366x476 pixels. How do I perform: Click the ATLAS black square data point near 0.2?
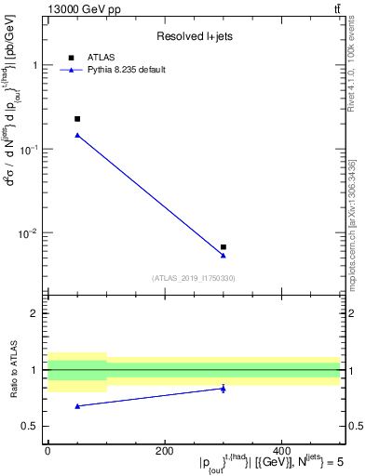pos(77,119)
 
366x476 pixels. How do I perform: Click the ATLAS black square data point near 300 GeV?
pos(224,247)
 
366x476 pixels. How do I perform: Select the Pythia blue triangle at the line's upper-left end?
pos(77,135)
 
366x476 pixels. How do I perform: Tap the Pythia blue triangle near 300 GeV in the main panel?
pos(224,255)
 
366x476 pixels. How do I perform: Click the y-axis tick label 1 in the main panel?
pos(35,66)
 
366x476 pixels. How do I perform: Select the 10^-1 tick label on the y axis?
pos(30,149)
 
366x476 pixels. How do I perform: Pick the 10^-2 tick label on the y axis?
pos(30,232)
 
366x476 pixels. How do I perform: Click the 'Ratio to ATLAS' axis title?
pos(15,370)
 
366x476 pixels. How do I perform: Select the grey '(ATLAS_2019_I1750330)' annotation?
pos(194,278)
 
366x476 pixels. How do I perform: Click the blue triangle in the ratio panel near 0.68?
pos(77,406)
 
